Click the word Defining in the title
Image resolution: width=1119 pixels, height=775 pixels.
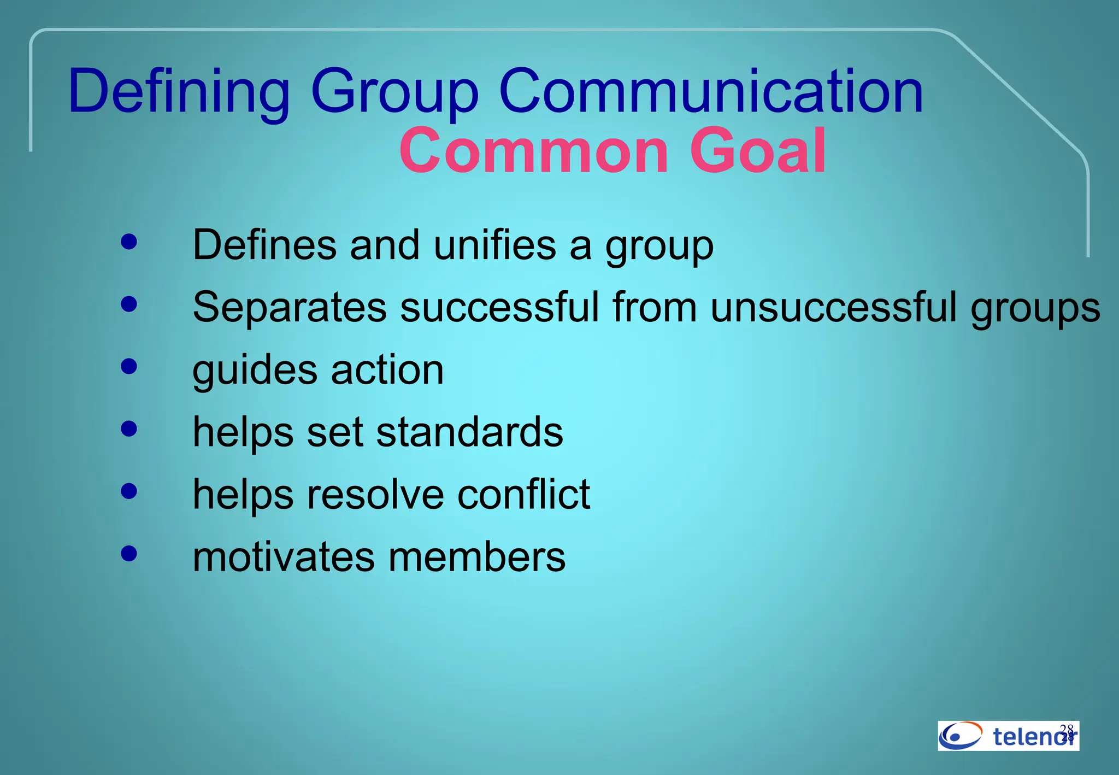pos(179,91)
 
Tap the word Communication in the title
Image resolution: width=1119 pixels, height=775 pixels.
pos(711,91)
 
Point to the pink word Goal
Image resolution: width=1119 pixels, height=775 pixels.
pos(758,151)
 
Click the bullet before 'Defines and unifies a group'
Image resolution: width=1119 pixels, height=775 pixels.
pos(129,242)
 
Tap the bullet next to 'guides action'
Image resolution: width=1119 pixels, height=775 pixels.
pos(129,366)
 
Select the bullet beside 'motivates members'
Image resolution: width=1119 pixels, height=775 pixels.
pos(129,554)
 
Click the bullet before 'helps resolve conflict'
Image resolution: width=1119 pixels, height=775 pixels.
pos(129,491)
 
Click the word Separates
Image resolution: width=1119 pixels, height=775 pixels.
pos(290,307)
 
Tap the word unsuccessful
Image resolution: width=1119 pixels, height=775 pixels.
pos(834,307)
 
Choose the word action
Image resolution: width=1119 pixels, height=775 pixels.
pos(387,370)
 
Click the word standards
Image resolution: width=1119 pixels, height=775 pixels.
pos(469,432)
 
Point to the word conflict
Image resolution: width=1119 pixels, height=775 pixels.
pos(523,495)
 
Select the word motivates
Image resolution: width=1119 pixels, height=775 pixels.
pos(284,557)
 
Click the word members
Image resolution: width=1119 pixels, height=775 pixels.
pos(477,557)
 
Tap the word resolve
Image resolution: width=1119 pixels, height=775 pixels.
pos(375,495)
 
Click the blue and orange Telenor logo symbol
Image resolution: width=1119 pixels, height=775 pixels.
pos(960,736)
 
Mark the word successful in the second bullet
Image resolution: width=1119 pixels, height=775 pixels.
pos(499,307)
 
